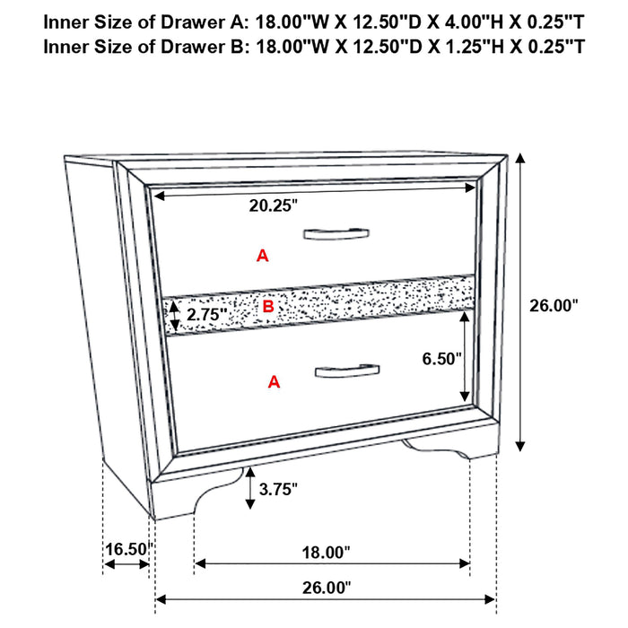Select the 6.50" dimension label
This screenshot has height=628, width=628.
coord(442,359)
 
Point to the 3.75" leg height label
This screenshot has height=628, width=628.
coord(277,489)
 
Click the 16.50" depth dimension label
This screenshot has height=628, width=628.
coord(126,547)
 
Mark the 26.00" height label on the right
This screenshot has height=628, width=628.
coord(553,305)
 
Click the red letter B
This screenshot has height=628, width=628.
coord(266,307)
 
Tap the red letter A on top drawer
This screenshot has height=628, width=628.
coord(262,256)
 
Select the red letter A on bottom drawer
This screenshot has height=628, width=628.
coord(275,383)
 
